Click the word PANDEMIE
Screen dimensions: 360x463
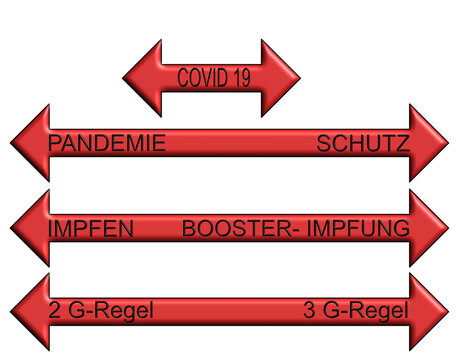pyautogui.click(x=107, y=144)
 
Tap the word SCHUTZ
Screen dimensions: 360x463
pyautogui.click(x=362, y=144)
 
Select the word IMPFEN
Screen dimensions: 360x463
pyautogui.click(x=91, y=229)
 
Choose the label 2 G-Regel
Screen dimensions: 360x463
pyautogui.click(x=101, y=312)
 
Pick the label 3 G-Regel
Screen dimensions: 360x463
pyautogui.click(x=356, y=312)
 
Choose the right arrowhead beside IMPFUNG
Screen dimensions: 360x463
pyautogui.click(x=429, y=228)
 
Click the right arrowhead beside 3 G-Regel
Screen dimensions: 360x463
pyautogui.click(x=429, y=312)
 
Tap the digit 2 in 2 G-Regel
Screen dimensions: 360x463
pyautogui.click(x=54, y=312)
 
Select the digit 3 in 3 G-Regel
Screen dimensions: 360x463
pyautogui.click(x=308, y=312)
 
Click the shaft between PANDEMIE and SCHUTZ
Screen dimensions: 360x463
pyautogui.click(x=240, y=144)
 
